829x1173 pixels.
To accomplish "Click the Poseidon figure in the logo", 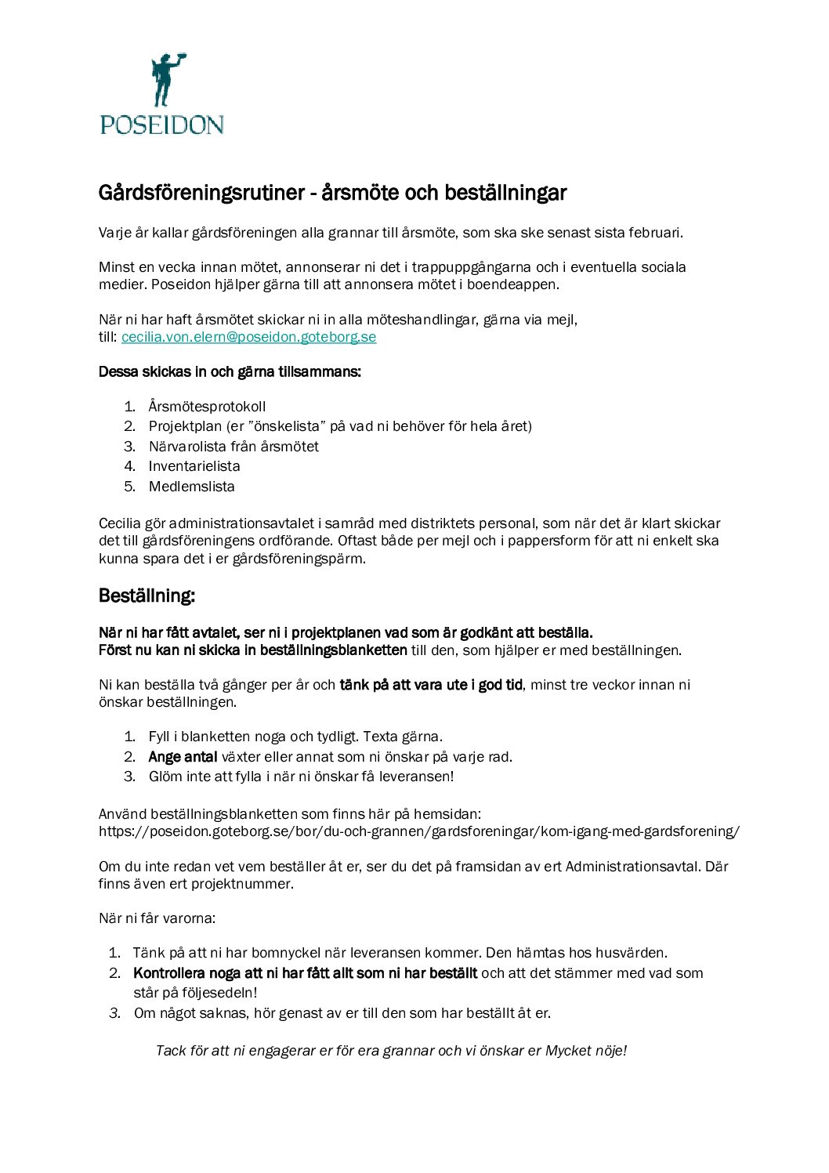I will [x=167, y=80].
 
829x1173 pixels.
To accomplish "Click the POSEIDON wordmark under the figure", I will [x=162, y=125].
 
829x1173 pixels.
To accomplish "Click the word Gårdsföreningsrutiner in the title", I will [x=201, y=193].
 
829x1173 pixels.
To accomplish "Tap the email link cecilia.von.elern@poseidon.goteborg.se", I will [x=248, y=337].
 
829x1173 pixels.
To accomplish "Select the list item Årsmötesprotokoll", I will [x=207, y=407].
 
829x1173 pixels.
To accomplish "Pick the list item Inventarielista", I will [x=194, y=466].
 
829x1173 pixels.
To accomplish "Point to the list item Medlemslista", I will [x=191, y=487].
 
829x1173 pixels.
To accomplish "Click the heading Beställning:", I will [x=147, y=596].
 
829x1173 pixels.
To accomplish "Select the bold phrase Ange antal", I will [x=183, y=757].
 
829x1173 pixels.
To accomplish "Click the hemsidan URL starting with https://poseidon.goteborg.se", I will [x=418, y=831].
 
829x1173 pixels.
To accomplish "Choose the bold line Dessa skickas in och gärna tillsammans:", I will [x=230, y=372].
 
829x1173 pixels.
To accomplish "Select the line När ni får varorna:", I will [x=157, y=918].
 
